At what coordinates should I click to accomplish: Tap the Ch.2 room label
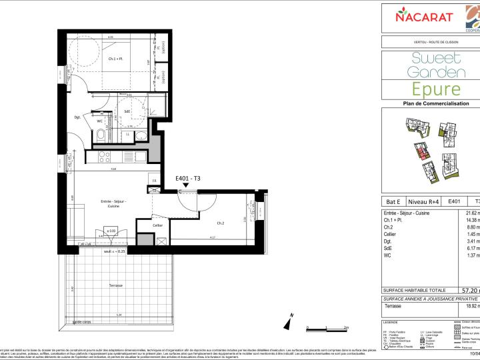221,223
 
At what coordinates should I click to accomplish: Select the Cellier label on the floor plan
158,225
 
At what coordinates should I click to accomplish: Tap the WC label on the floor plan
99,121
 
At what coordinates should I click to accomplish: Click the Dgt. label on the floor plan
77,117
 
